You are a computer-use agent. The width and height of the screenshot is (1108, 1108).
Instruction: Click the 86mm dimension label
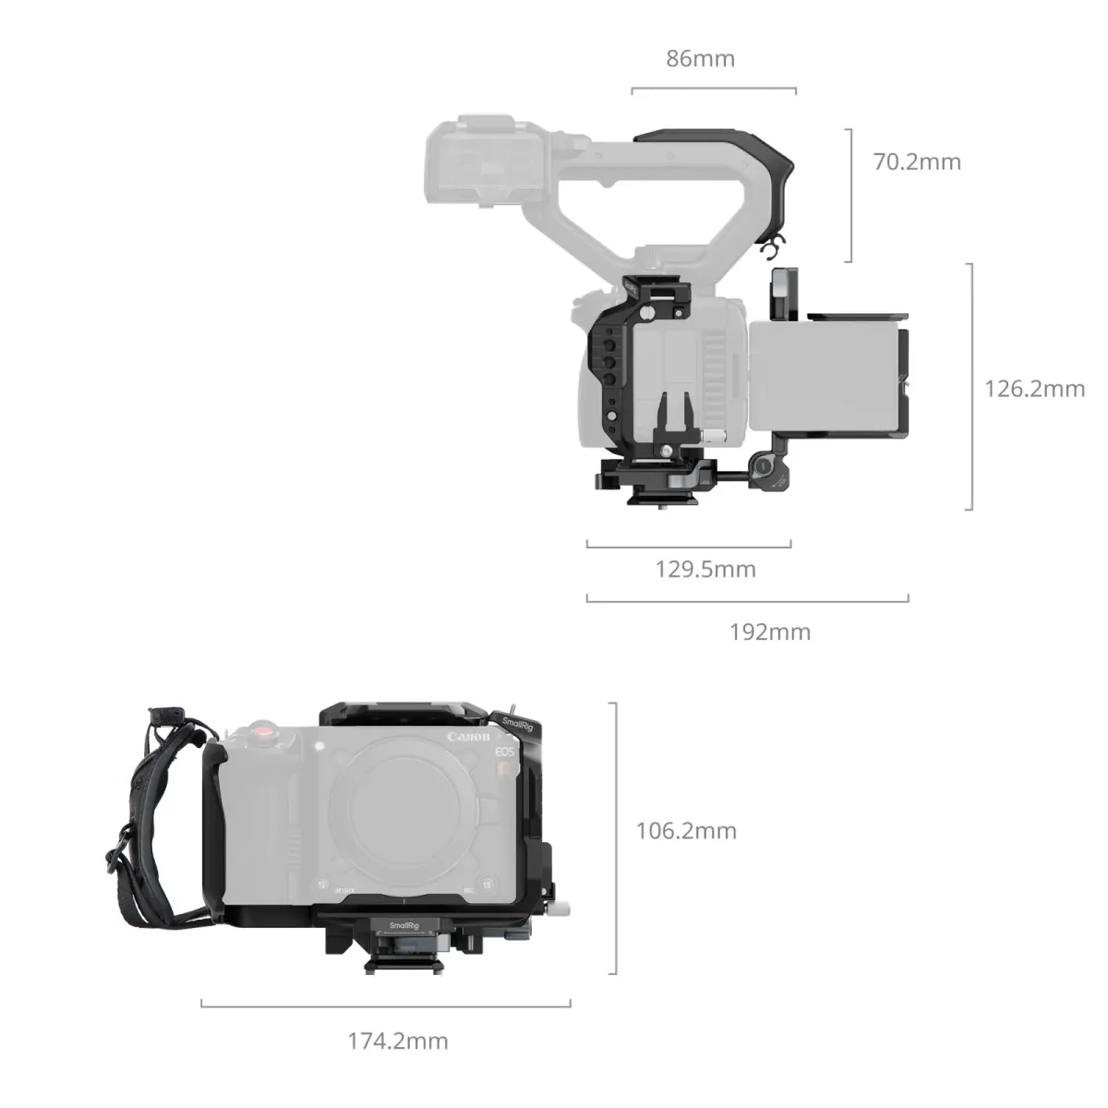pyautogui.click(x=701, y=59)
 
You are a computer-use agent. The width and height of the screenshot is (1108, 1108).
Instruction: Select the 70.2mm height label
pyautogui.click(x=917, y=163)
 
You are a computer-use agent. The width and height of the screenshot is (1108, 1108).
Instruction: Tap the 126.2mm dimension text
pyautogui.click(x=1034, y=388)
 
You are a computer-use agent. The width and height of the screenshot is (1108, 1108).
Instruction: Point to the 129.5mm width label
pyautogui.click(x=705, y=569)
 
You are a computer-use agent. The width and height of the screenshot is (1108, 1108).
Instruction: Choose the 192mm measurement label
pyautogui.click(x=770, y=632)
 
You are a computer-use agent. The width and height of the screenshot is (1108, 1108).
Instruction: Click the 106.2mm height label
pyautogui.click(x=686, y=831)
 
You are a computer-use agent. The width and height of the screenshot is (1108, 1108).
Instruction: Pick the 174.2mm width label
pyautogui.click(x=397, y=1042)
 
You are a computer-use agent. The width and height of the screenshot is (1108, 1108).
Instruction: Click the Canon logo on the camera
pyautogui.click(x=470, y=737)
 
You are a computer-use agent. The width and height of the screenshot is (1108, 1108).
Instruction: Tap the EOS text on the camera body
pyautogui.click(x=503, y=753)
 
